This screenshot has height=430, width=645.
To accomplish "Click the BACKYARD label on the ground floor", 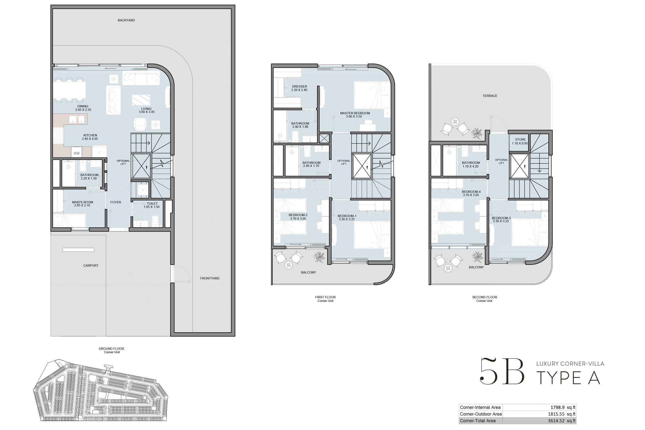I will tap(126, 20).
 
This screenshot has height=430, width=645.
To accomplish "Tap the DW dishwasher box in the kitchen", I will tap(77, 153).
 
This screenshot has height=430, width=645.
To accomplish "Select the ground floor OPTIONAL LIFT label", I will tap(123, 162).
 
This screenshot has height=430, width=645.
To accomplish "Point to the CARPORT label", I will tap(91, 266).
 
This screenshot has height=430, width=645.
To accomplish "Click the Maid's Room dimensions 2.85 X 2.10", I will tap(82, 205).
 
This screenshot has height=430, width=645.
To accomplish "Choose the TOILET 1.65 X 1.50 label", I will tap(152, 205).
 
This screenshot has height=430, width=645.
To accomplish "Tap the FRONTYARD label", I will tap(210, 278).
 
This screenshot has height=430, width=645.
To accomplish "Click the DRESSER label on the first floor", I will tap(299, 87).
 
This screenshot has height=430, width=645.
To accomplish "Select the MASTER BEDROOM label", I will tap(355, 113).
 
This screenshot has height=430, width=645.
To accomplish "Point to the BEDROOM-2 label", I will tap(298, 215).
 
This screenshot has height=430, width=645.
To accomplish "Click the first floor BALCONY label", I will tap(308, 272).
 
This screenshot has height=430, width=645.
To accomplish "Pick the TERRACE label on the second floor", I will tap(490, 96).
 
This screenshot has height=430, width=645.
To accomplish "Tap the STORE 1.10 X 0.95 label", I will tap(520, 141).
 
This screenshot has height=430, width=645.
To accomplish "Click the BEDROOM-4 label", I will tap(471, 192).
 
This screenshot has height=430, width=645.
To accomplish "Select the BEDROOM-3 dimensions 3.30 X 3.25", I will tap(501, 221).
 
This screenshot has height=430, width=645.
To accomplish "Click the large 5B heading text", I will tap(502, 372).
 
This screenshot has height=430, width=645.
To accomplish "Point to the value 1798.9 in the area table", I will tap(557, 408).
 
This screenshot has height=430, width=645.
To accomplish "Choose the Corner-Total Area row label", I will tap(478, 421).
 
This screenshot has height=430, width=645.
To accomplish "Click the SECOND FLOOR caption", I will tap(484, 297).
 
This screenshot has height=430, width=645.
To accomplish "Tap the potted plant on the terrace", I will tap(477, 133).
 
